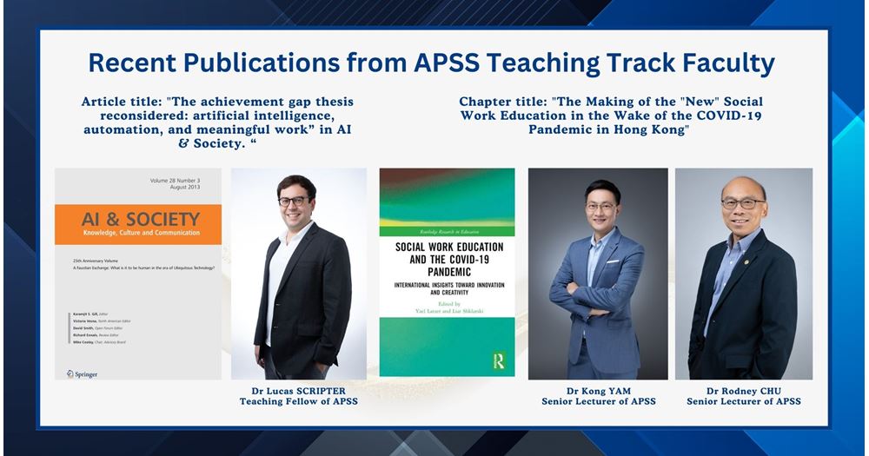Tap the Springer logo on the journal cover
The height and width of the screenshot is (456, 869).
coord(83,373)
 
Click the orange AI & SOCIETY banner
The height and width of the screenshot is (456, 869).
coord(138,224)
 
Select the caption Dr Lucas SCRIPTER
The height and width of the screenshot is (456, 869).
coord(298,389)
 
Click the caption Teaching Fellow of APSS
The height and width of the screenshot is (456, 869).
coord(298,401)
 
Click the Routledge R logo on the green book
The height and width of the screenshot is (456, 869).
coord(499,359)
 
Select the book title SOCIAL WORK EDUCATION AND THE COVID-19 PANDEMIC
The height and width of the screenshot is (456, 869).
coord(446,257)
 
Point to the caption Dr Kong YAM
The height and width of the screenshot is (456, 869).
coord(598,389)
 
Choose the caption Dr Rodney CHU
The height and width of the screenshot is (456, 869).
coord(744,389)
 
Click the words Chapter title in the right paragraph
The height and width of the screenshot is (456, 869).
coord(501,102)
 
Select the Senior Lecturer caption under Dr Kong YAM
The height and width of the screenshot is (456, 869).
coord(598,401)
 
